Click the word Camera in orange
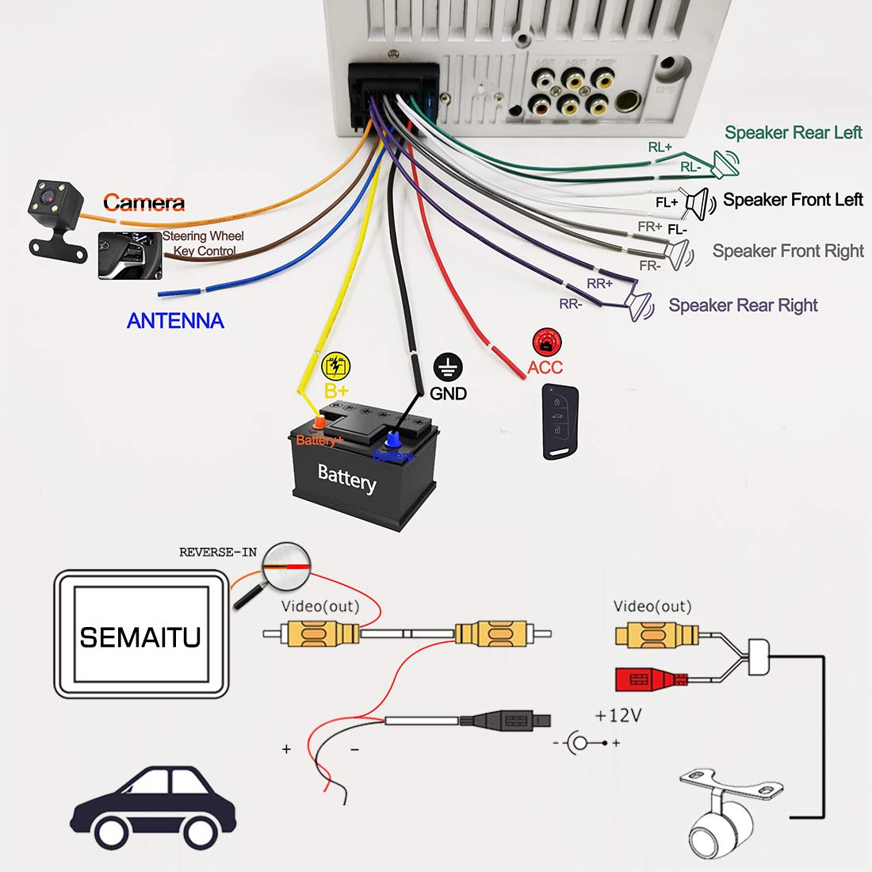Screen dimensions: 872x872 (x=143, y=203)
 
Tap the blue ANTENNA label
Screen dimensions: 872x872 (x=175, y=321)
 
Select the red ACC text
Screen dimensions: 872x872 (x=545, y=367)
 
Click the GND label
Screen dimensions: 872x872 (x=448, y=393)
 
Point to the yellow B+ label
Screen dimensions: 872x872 (x=336, y=391)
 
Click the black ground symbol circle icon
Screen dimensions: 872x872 (x=448, y=367)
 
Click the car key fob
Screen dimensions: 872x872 (x=560, y=421)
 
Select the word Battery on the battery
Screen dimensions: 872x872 (x=346, y=478)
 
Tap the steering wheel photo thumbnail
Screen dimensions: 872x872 (x=129, y=255)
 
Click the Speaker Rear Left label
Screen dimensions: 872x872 (x=793, y=133)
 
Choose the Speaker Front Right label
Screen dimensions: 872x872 (x=788, y=251)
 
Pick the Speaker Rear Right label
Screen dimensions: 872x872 (x=743, y=305)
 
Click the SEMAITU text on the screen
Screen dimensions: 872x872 (x=140, y=637)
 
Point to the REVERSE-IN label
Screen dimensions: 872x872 (x=218, y=552)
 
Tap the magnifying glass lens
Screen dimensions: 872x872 (x=286, y=566)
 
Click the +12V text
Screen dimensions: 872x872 (x=618, y=715)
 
